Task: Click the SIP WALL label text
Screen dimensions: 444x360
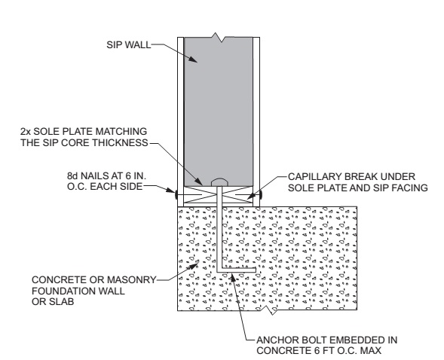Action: click(129, 45)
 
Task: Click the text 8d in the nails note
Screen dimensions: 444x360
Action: click(73, 176)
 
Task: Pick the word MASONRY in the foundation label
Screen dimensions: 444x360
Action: click(134, 280)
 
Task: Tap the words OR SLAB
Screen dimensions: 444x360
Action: click(53, 302)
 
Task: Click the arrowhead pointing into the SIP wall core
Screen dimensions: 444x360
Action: click(193, 59)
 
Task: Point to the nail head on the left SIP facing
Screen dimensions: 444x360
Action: click(176, 194)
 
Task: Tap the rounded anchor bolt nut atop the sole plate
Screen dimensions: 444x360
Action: click(219, 182)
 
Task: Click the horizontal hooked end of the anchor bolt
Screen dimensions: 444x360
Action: click(239, 270)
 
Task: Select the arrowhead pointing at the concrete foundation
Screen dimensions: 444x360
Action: click(194, 266)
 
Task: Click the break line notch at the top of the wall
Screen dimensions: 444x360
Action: click(218, 38)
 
